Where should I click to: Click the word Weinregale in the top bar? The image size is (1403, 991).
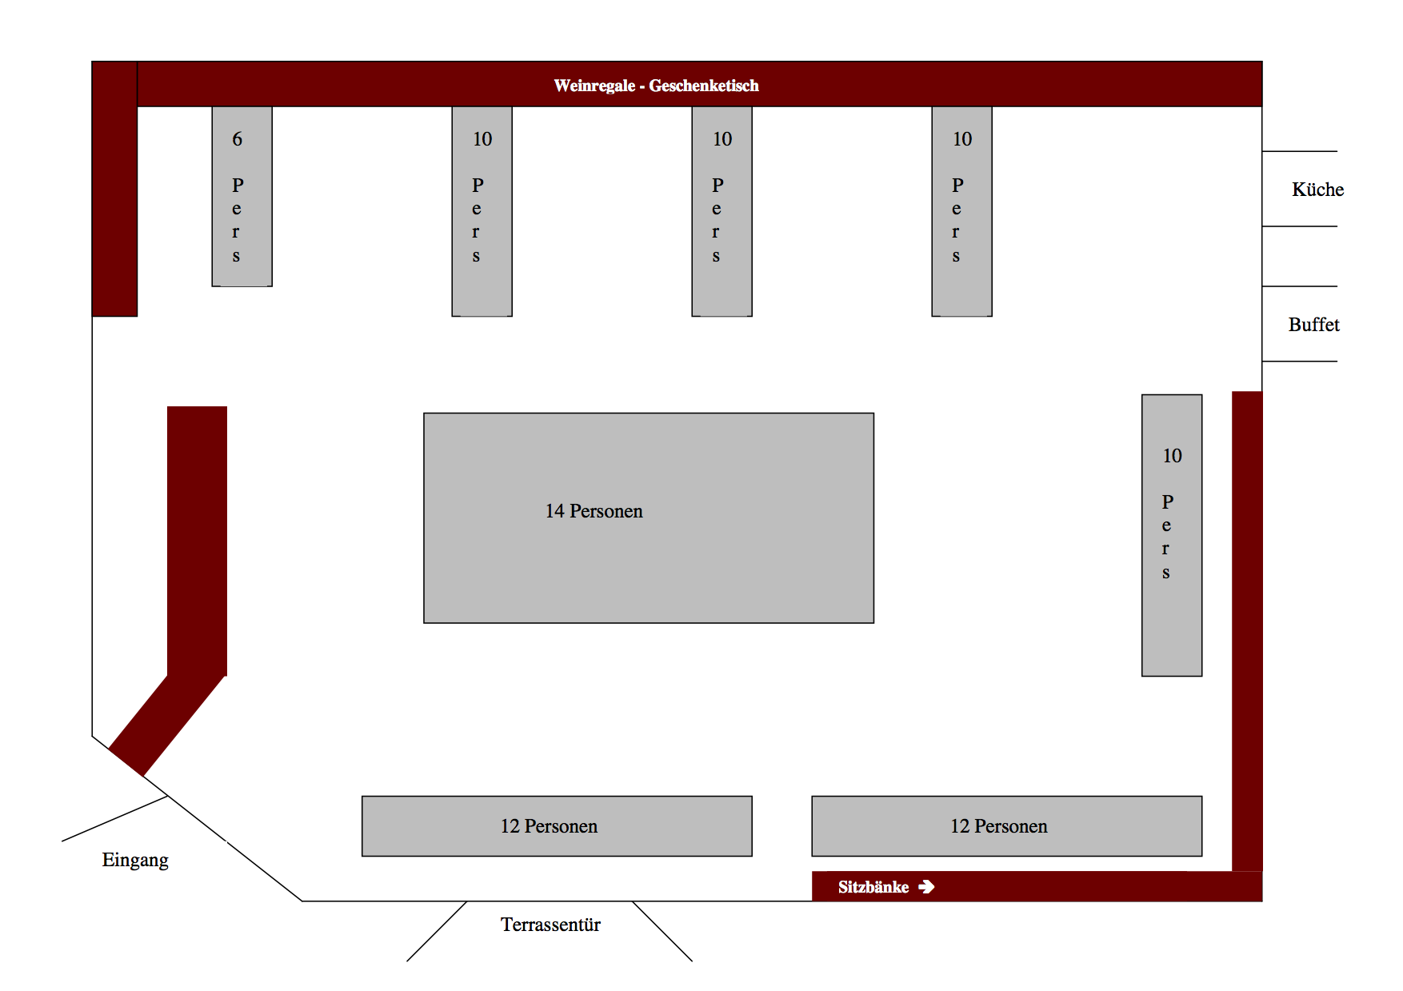tap(594, 86)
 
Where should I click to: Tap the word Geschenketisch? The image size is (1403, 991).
tap(704, 86)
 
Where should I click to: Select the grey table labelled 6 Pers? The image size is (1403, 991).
tap(242, 196)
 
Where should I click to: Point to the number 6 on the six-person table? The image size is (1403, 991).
tap(238, 139)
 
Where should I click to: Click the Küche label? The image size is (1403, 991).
tap(1317, 190)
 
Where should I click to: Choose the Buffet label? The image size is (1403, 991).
tap(1313, 325)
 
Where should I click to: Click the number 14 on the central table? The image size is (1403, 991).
tap(555, 511)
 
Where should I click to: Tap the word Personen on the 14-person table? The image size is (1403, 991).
tap(606, 511)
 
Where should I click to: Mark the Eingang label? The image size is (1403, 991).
tap(135, 861)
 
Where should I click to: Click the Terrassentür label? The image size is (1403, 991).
tap(550, 925)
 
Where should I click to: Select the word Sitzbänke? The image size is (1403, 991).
tap(873, 887)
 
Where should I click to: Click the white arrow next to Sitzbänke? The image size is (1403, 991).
tap(926, 887)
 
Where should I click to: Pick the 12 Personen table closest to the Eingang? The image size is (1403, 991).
tap(557, 826)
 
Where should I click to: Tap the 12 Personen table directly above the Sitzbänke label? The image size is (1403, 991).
tap(1006, 826)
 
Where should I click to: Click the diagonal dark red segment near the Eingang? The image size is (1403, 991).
tap(166, 725)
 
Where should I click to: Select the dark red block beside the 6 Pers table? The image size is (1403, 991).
tap(114, 189)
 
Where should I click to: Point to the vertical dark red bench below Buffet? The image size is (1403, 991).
tap(1247, 631)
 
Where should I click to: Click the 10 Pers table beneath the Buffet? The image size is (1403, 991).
tap(1172, 535)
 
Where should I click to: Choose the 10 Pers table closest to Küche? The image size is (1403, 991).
tap(961, 211)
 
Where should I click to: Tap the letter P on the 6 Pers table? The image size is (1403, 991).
tap(238, 186)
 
